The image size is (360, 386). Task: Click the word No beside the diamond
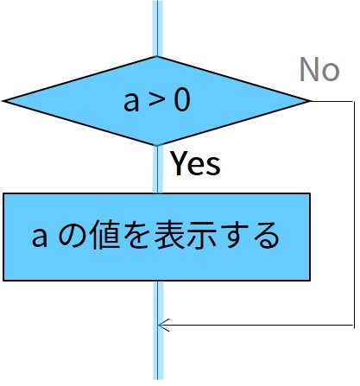pos(319,69)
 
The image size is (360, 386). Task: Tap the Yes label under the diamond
pos(196,163)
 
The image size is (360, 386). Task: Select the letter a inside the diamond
pos(131,102)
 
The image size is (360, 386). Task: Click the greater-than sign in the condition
pos(156,101)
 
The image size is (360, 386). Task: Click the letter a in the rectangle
pos(39,238)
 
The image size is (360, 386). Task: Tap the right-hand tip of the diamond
pos(310,101)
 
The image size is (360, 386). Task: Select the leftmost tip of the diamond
pos(3,101)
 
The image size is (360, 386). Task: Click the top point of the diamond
pos(157,57)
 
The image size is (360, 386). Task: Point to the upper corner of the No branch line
pos(354,101)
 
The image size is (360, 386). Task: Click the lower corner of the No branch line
pos(354,326)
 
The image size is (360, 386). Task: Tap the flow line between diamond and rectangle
pos(157,169)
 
